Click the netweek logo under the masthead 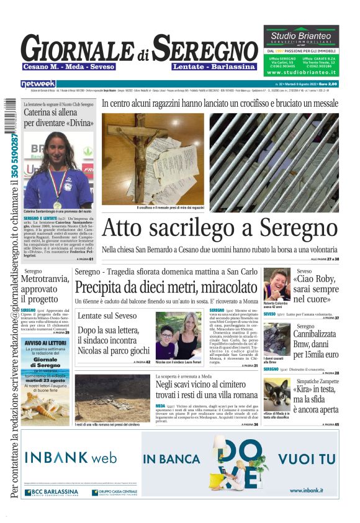click(38, 84)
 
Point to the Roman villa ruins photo click(112, 398)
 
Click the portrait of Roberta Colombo click(276, 283)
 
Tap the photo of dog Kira click(276, 395)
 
